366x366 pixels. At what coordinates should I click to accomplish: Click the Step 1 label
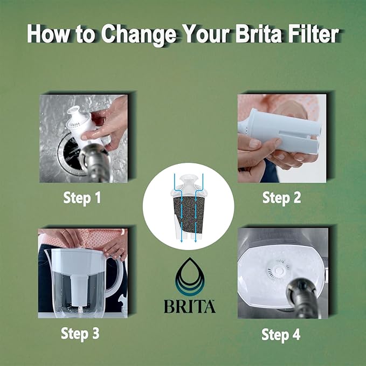tap(82, 197)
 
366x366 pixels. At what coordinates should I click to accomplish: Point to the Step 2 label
tap(281, 197)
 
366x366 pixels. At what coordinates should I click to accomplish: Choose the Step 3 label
tap(81, 333)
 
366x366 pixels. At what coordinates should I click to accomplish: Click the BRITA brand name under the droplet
tap(189, 306)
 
